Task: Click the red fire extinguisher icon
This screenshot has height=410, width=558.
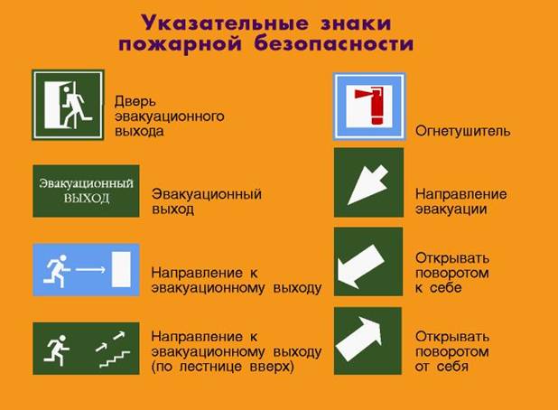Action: coord(370,106)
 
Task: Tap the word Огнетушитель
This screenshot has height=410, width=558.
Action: coord(462,131)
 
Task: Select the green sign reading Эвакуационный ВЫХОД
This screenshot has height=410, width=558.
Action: coord(86,191)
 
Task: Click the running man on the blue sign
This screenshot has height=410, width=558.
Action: coord(56,271)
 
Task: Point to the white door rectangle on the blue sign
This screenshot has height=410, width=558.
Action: coord(121,269)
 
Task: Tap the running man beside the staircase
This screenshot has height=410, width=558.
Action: coord(56,350)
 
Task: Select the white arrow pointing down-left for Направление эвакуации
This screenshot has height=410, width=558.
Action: coord(367,185)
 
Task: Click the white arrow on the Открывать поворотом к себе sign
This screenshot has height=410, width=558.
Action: coord(360,266)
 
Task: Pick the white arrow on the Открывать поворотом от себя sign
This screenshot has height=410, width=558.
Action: coord(359,339)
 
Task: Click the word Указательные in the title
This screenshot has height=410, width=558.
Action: coord(224,23)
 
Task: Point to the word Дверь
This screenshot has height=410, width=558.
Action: coord(135,102)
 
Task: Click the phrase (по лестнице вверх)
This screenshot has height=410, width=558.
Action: coord(223,367)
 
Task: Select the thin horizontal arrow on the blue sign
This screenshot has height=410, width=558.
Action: coord(90,269)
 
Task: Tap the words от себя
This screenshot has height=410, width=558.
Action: coord(442,366)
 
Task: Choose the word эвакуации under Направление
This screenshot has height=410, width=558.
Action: coord(451,209)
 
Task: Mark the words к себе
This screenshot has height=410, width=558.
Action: coord(439,287)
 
